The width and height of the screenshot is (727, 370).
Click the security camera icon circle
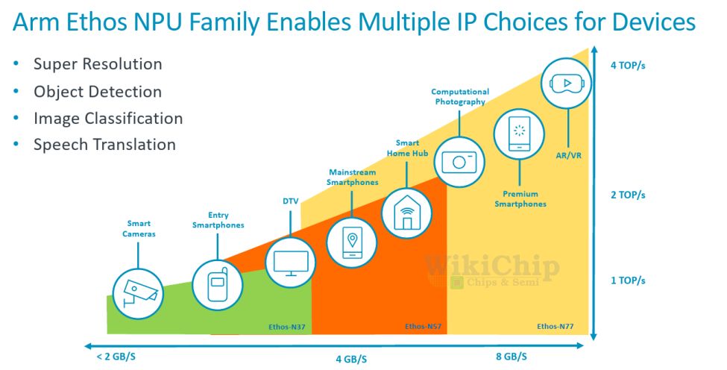138,294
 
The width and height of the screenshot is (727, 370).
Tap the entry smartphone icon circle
218,285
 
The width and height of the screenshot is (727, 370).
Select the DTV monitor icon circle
291,263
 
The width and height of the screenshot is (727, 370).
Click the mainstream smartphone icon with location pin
351,242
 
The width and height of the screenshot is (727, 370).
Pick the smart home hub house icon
406,213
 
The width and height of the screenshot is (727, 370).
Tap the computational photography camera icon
459,162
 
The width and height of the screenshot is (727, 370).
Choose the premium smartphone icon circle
519,134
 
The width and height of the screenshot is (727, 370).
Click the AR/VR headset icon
567,84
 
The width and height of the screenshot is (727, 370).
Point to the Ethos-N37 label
286,327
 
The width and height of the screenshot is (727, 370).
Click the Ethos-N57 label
423,327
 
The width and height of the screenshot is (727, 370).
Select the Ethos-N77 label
555,327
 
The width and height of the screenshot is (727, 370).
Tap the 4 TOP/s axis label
628,66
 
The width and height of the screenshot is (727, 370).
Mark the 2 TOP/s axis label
628,195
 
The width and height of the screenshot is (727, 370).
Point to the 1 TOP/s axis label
628,280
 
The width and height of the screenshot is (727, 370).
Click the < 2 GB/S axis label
116,357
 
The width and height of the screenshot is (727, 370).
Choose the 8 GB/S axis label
512,357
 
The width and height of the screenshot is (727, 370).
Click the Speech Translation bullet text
104,145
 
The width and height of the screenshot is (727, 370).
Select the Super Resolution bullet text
98,64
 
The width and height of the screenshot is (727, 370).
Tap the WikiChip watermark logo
491,272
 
